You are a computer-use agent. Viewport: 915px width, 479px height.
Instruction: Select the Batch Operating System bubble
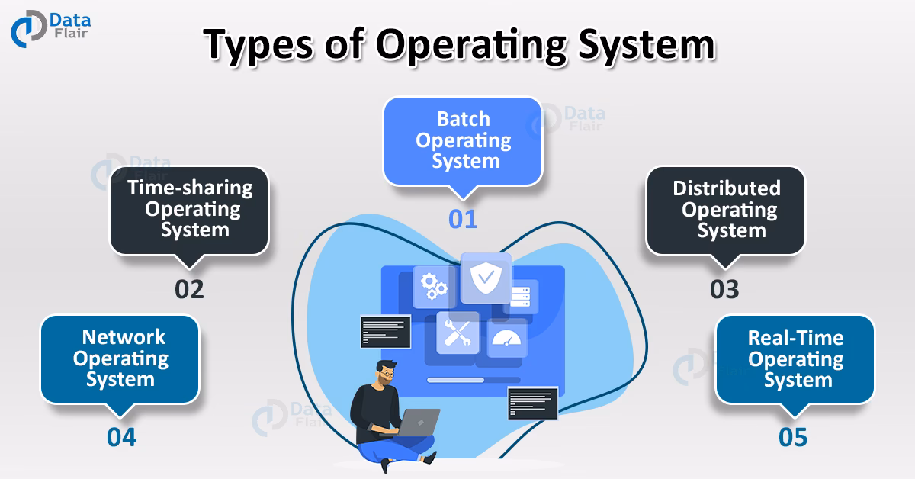pos(463,141)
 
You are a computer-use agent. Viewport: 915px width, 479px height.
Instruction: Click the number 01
pos(463,219)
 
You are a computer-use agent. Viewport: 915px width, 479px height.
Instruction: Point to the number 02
pos(189,289)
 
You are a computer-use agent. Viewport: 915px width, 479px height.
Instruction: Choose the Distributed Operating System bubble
pos(726,209)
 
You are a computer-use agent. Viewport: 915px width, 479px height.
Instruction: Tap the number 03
pos(724,290)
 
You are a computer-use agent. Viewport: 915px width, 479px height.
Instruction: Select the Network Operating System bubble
pos(120,358)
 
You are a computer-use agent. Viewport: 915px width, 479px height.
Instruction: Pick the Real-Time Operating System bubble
pos(795,358)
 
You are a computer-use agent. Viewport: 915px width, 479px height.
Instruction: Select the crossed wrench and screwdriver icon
pos(457,333)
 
